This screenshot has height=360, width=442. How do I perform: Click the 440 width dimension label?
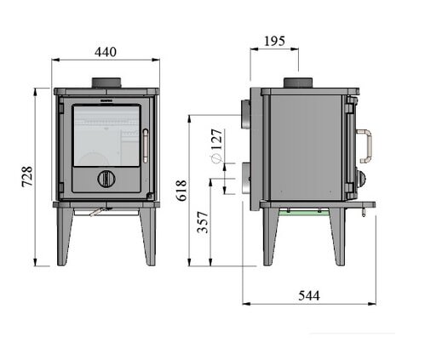click(106, 52)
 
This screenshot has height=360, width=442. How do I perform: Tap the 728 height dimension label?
click(27, 176)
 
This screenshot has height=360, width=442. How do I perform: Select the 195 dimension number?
click(274, 42)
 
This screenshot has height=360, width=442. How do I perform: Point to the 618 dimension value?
click(181, 191)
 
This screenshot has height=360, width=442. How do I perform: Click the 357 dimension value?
click(203, 222)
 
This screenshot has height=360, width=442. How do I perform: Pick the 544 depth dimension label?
click(309, 296)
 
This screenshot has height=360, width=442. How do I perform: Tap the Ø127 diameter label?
click(216, 146)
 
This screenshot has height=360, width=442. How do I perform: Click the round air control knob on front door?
click(106, 179)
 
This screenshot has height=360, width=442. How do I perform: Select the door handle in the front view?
click(146, 146)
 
